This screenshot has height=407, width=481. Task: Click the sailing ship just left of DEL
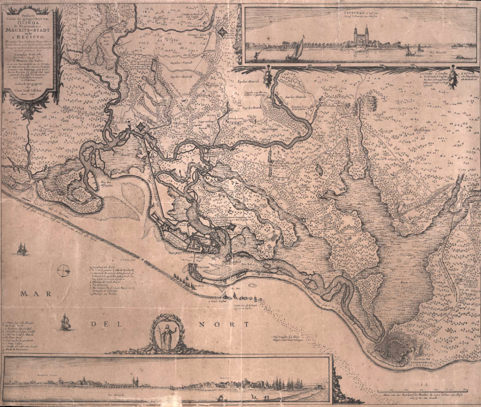click(66, 322)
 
